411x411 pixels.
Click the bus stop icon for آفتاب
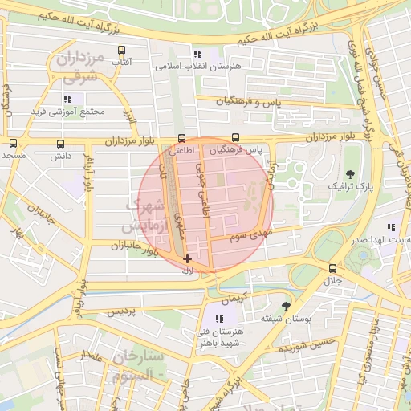click(x=121, y=50)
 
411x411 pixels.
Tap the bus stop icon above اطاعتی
click(x=181, y=137)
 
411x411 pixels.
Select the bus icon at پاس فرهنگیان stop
click(x=235, y=137)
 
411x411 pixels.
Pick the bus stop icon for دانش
click(x=61, y=144)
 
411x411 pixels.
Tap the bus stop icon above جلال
click(x=332, y=268)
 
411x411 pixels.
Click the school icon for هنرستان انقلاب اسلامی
click(x=197, y=54)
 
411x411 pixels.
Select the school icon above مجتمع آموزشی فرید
click(x=67, y=99)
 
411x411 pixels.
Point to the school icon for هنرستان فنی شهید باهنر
click(x=220, y=319)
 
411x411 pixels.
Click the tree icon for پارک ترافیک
click(x=350, y=173)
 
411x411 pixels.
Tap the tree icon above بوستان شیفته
click(x=286, y=306)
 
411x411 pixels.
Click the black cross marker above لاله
click(x=187, y=258)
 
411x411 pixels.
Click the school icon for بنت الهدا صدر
click(x=390, y=228)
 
